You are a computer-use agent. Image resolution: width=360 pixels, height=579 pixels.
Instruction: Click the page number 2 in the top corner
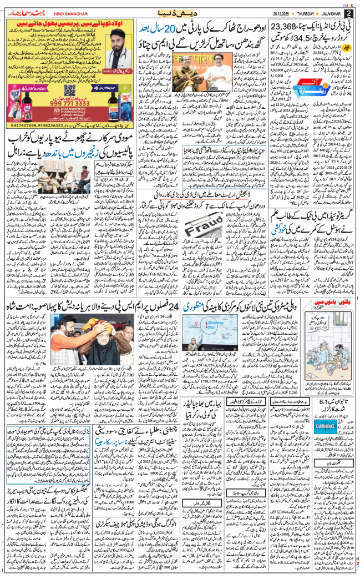(x=348, y=13)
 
